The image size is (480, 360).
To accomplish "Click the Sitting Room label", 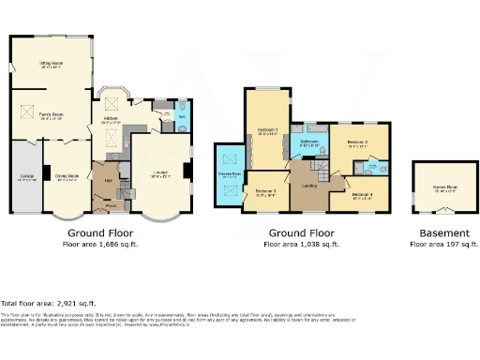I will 50,65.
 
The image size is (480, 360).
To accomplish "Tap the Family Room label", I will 50,116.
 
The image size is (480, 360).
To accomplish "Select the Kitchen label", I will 112,120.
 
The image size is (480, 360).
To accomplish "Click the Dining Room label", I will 67,176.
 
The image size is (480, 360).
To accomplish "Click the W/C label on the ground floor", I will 182,117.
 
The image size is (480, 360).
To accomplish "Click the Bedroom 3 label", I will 265,192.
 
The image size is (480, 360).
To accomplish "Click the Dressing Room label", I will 229,174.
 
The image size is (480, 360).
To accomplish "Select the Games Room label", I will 444,187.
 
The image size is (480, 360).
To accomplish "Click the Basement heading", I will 442,232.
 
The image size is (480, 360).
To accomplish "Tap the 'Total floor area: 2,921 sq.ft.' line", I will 50,303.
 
